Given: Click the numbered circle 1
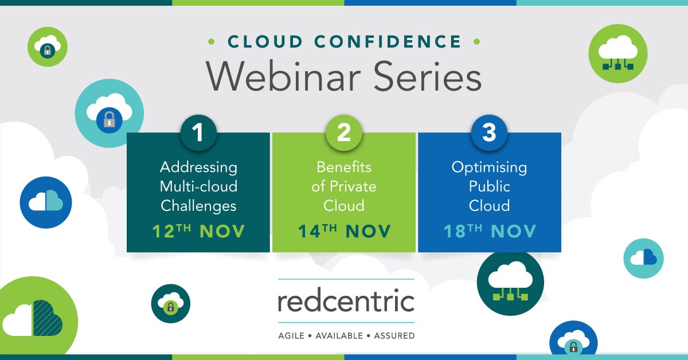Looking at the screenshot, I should click(x=198, y=133).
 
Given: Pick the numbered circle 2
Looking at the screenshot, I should click(x=344, y=133).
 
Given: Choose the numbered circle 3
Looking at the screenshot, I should click(x=489, y=133).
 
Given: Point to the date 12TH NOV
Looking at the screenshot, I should click(x=198, y=232).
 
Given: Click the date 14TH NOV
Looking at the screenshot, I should click(x=344, y=232).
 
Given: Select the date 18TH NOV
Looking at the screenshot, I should click(x=490, y=232).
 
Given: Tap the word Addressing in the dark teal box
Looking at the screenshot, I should click(x=198, y=167).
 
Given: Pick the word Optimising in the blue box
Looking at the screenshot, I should click(x=489, y=167).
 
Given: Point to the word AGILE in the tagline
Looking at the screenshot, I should click(x=292, y=335).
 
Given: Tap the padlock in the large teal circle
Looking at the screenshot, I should click(x=108, y=120).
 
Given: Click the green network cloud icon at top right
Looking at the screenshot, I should click(x=617, y=53).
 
